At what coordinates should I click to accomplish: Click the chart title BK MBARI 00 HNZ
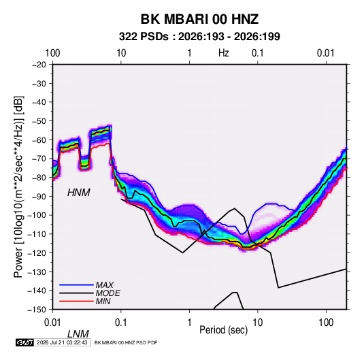pos(199,19)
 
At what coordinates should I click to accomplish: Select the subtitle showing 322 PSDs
pos(199,37)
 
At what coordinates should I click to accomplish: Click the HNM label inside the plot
pos(79,193)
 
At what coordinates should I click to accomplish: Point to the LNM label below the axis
pos(78,334)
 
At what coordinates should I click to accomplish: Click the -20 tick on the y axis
pos(39,65)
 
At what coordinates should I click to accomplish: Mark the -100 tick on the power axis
pos(37,215)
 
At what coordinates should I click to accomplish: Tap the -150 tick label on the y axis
pos(37,310)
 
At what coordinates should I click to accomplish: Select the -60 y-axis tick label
pos(39,140)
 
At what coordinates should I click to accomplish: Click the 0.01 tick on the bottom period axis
pos(52,323)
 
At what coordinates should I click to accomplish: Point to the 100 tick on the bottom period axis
pos(326,323)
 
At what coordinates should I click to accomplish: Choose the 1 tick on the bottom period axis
pos(189,323)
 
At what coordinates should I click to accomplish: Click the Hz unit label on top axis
pos(224,53)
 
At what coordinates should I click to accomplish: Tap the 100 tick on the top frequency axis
pos(52,53)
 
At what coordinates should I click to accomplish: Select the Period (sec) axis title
pos(224,330)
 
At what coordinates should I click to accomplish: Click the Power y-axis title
pos(18,187)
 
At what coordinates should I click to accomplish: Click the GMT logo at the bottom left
pos(25,342)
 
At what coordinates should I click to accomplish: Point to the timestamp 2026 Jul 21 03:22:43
pos(62,342)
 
